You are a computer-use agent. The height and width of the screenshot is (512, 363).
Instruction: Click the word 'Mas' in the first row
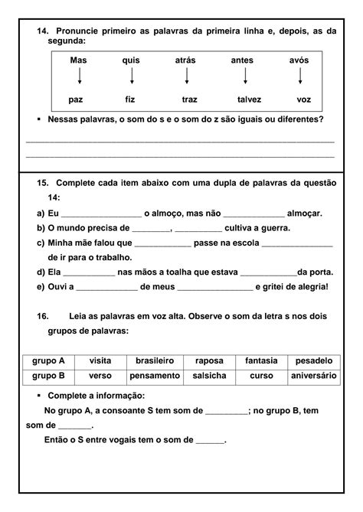click(x=78, y=60)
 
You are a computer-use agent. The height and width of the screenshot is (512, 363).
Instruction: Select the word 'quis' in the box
click(x=131, y=60)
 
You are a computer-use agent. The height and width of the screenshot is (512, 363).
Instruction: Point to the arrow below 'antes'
click(x=245, y=77)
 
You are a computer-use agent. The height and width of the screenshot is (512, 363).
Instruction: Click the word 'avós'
click(x=299, y=60)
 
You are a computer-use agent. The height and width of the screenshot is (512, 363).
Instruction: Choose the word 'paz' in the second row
click(x=76, y=99)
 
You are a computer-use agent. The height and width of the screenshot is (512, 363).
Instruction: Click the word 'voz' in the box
click(x=304, y=99)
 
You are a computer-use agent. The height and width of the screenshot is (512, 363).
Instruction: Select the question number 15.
click(x=43, y=184)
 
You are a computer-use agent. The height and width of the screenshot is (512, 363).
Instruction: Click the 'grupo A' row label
click(x=49, y=360)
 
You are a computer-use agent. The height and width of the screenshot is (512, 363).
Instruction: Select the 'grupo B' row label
click(x=49, y=376)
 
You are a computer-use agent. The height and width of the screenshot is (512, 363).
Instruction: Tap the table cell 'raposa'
click(x=209, y=360)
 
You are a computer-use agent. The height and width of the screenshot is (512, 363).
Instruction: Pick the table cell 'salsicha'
click(x=209, y=376)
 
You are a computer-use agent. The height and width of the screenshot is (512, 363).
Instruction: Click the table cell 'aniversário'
click(x=313, y=376)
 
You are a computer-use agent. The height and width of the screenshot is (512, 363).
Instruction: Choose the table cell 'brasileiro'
click(x=155, y=360)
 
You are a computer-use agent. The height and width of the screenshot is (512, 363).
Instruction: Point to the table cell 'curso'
click(x=261, y=376)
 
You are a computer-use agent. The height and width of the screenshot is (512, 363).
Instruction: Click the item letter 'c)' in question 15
click(x=41, y=243)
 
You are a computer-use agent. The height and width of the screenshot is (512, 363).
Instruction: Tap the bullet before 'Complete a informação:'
click(x=39, y=396)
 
